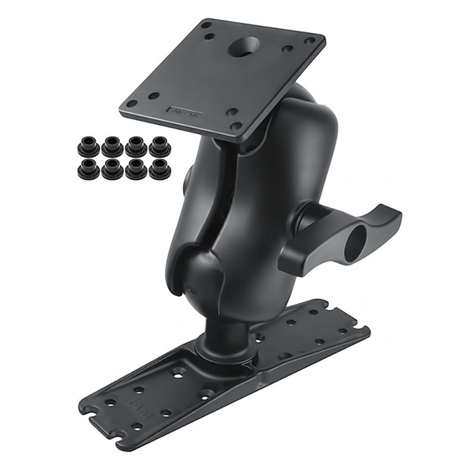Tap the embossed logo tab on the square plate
click(184, 112)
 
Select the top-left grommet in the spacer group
click(86, 147)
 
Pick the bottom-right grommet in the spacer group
click(159, 168)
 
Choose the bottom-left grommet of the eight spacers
click(86, 168)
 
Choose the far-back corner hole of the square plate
click(208, 26)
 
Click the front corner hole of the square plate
click(233, 126)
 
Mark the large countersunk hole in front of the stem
click(206, 393)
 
